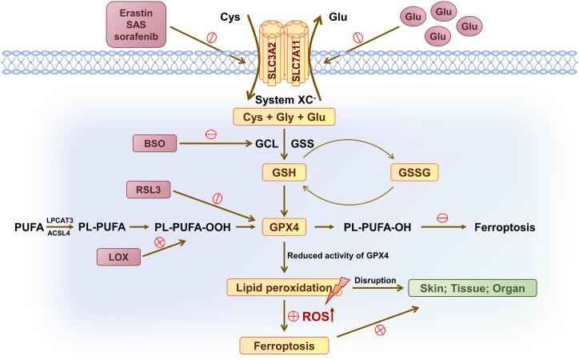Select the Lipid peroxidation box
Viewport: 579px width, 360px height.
pos(282,286)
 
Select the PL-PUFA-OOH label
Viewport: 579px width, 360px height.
pos(193,228)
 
